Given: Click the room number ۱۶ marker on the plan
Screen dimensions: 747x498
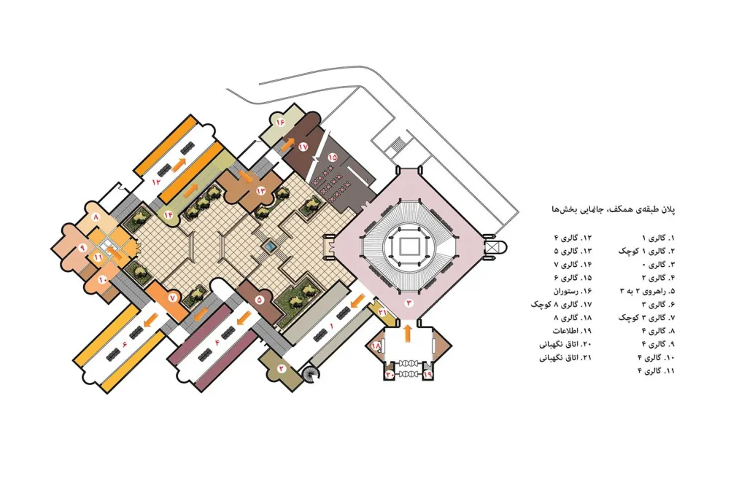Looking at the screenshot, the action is (279, 122).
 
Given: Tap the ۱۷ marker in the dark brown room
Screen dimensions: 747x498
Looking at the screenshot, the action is (304, 147).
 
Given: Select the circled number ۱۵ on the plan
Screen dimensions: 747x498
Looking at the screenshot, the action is (332, 156).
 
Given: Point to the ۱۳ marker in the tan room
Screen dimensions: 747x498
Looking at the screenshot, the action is (260, 190).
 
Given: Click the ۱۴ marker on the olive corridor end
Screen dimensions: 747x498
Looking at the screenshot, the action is (169, 214).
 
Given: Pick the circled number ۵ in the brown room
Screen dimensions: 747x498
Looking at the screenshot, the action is (259, 300).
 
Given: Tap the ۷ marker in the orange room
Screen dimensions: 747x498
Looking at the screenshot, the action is (172, 297).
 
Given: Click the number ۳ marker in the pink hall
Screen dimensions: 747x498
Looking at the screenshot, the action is (409, 303).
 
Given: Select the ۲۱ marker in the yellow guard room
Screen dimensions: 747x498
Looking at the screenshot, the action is (382, 311).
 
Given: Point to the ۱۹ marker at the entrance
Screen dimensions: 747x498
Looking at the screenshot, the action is (427, 375).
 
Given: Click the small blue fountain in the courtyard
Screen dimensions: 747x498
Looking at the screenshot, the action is (270, 246).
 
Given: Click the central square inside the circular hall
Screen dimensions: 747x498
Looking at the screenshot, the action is (407, 248).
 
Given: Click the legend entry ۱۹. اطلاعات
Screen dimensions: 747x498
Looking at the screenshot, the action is (572, 331).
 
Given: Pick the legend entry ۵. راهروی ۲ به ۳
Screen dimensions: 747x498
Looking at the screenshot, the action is (648, 291).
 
